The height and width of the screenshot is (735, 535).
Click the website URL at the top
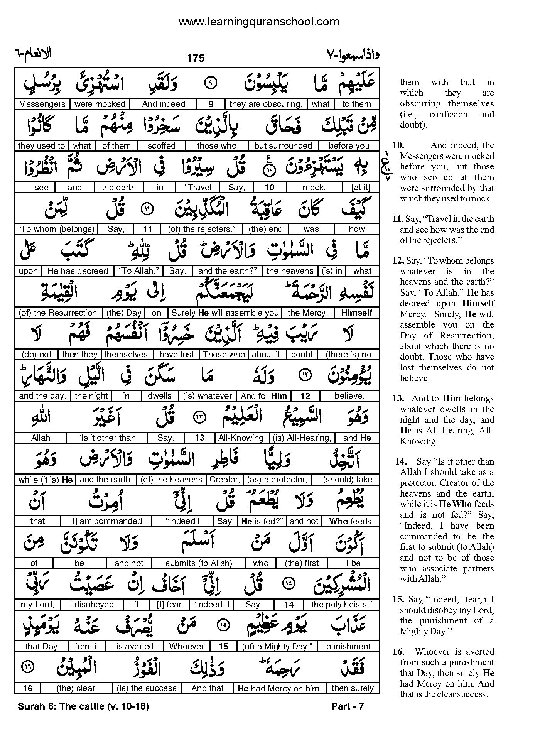(x=259, y=22)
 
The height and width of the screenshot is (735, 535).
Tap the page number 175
(x=196, y=58)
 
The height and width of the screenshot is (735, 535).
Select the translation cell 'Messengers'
(x=42, y=104)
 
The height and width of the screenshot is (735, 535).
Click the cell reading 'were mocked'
(x=100, y=104)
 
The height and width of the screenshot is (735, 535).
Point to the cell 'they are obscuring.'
(x=266, y=104)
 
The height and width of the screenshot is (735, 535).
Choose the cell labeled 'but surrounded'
(x=283, y=146)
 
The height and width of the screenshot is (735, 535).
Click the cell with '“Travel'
(x=198, y=188)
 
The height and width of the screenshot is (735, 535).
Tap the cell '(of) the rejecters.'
(x=202, y=229)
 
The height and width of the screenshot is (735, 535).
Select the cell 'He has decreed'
(x=78, y=271)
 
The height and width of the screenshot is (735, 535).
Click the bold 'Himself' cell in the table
(x=357, y=313)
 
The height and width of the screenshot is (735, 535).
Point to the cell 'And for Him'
(x=264, y=396)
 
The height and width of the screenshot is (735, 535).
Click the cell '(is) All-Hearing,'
(x=302, y=438)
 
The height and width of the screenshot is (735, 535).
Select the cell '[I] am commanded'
(x=106, y=521)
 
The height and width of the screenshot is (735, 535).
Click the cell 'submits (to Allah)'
(x=199, y=563)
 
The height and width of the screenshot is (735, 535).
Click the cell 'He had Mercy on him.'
(x=280, y=688)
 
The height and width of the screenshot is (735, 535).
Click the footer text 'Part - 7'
(x=348, y=706)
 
